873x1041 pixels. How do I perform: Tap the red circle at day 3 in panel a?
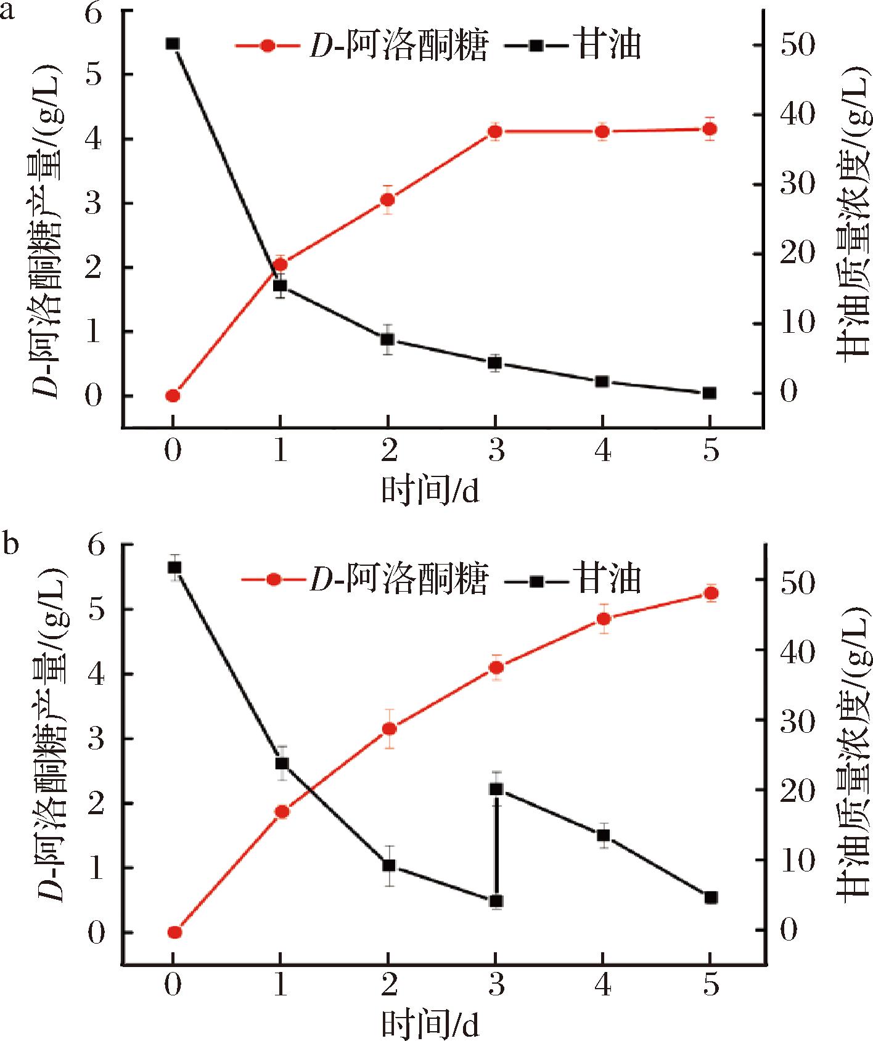coord(494,131)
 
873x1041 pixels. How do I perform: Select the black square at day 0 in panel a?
coord(173,44)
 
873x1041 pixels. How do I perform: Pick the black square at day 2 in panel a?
coord(387,340)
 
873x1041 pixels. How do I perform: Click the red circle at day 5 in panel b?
coord(711,593)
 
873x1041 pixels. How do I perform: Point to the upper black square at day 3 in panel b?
coord(496,789)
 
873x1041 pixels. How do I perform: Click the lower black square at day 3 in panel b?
coord(496,901)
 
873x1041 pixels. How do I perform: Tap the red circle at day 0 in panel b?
coord(174,932)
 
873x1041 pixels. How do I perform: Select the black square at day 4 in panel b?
coord(604,835)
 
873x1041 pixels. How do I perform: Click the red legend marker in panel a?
coord(267,46)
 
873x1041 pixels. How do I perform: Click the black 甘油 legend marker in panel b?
coord(536,580)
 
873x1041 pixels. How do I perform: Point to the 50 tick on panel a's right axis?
coord(796,46)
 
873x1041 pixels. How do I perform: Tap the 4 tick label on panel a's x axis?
coord(602,450)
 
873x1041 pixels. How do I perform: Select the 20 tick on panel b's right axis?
coord(796,790)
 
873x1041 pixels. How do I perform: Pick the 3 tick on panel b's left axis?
coord(96,739)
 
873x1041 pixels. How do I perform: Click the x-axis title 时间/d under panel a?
coord(430,491)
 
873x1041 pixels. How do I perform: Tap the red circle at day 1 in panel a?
coord(280,264)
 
